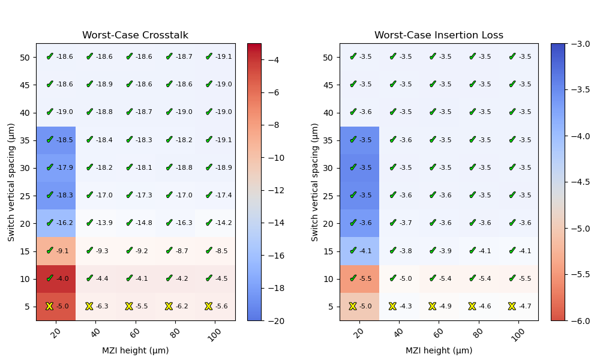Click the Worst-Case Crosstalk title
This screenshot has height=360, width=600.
tap(135, 35)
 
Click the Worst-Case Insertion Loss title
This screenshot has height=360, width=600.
tap(439, 35)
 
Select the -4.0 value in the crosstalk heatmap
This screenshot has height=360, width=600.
tap(62, 278)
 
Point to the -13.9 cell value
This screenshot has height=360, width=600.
tap(104, 223)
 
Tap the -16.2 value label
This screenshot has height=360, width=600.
tap(64, 223)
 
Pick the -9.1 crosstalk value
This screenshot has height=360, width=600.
tap(62, 251)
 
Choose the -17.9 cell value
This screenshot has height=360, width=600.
tap(64, 168)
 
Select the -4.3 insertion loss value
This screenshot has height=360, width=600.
tap(406, 307)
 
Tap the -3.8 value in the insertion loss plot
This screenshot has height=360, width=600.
tap(406, 251)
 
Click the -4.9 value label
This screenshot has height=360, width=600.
tap(445, 307)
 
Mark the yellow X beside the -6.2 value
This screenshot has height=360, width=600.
tap(169, 306)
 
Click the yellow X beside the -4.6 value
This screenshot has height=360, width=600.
tap(472, 306)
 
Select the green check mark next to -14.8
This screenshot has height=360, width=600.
tap(129, 223)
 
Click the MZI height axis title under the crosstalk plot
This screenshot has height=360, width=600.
tap(135, 351)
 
